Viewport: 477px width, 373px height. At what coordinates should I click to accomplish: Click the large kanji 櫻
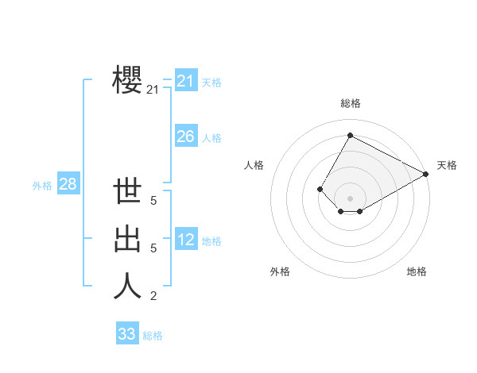128,79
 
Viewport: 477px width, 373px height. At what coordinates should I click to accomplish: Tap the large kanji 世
128,193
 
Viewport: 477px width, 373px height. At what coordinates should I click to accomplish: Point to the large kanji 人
128,286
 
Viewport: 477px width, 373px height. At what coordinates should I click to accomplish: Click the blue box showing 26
185,137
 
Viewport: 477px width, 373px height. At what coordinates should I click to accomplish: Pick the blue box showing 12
185,240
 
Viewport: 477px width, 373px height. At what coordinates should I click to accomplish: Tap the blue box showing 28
68,185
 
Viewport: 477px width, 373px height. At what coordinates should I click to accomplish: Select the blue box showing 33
127,334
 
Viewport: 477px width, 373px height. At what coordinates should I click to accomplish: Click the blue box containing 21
185,81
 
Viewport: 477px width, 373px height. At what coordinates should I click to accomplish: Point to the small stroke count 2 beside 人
153,296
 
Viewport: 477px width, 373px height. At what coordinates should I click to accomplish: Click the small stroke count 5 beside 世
153,202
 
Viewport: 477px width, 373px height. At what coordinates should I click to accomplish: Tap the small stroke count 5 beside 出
153,248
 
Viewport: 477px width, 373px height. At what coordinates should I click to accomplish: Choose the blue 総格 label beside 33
153,336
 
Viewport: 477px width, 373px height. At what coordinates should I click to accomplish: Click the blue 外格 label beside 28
42,186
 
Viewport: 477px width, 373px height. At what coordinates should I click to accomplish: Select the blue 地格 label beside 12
211,241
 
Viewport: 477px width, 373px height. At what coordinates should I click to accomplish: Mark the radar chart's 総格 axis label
350,103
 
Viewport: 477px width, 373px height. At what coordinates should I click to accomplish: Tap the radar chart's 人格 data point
320,189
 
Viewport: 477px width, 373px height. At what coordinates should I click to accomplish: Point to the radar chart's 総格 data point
350,136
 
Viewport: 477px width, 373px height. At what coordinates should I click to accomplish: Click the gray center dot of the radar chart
350,198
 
